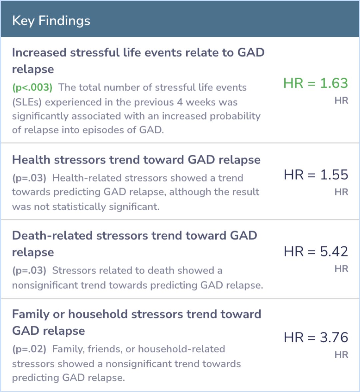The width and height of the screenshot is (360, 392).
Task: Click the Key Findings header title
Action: point(51,21)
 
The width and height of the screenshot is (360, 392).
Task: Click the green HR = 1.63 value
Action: point(316,83)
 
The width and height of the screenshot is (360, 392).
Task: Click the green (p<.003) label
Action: point(33,87)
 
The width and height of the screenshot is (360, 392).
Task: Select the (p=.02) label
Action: point(29,349)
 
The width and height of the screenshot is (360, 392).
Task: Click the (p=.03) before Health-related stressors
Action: point(29,178)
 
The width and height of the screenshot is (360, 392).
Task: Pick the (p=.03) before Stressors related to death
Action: point(29,270)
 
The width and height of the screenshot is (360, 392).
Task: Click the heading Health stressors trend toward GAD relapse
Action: point(136,160)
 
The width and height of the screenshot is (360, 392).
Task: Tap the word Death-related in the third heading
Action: point(53,235)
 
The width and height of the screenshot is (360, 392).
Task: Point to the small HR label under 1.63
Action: point(341,101)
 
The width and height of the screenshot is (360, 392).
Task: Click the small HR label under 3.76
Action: point(341,355)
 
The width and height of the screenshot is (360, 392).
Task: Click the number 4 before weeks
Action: point(180,102)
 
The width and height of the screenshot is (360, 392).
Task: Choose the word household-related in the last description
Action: point(182,349)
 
